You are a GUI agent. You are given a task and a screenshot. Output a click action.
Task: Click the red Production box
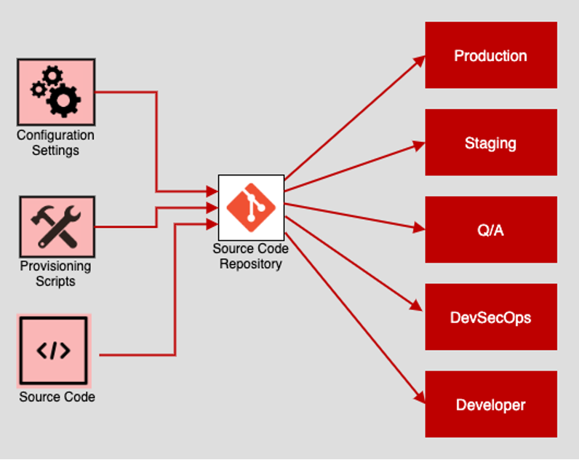491,55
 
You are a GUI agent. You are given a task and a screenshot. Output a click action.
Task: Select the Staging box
491,143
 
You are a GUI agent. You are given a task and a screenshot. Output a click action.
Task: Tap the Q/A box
491,230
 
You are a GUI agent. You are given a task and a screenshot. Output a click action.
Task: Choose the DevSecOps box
491,317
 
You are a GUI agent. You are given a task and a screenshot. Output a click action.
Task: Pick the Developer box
491,405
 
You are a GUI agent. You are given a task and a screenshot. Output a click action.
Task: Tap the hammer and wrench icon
56,223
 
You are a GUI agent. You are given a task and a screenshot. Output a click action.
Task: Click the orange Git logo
250,206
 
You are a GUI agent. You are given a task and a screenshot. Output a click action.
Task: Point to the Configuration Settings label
56,143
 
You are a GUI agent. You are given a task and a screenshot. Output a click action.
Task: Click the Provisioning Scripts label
56,274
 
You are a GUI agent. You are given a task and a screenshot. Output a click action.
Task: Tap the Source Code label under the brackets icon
57,397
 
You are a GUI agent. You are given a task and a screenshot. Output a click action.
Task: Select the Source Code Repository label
250,256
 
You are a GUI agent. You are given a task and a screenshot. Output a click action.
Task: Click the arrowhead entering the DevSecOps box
420,312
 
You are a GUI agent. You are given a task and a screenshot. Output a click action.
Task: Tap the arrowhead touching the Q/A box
419,228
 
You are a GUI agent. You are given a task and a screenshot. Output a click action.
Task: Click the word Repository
250,264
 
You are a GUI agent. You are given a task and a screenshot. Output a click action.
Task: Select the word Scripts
56,282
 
